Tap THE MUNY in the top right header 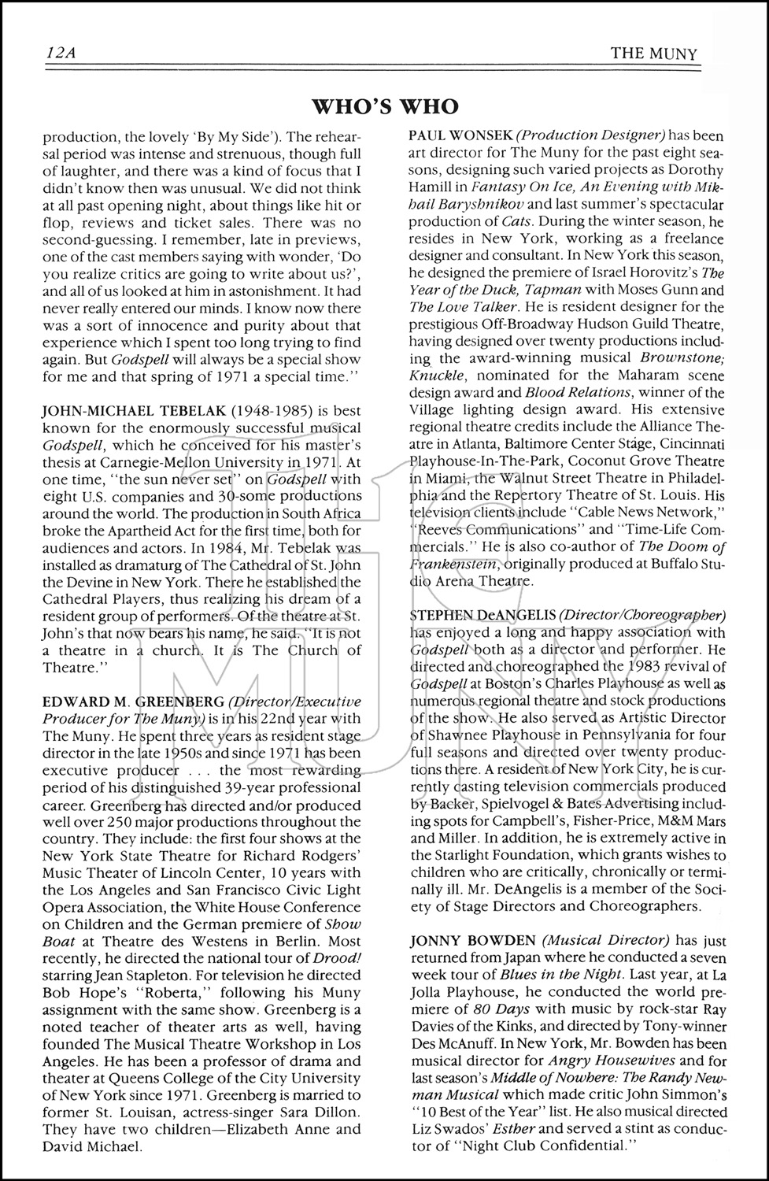click(x=654, y=54)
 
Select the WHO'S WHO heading click(x=385, y=106)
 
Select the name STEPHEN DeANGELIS click(x=482, y=614)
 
